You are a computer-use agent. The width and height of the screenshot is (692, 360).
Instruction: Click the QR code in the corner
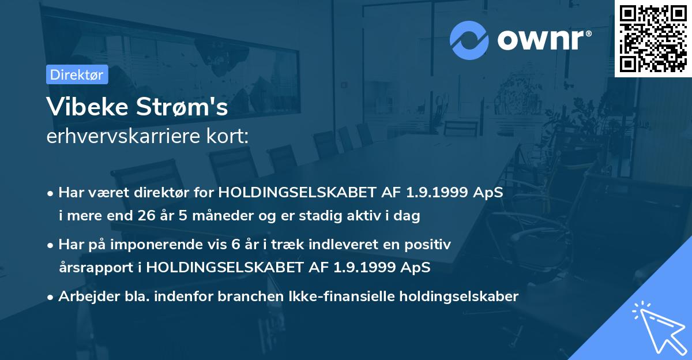click(x=653, y=39)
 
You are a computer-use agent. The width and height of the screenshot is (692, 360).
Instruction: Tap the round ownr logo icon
click(x=470, y=39)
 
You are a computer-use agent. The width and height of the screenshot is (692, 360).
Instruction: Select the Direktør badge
click(x=77, y=74)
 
